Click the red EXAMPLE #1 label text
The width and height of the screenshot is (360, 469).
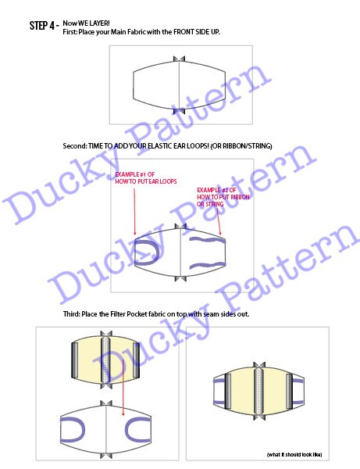point(137,176)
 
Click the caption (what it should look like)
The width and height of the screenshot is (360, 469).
point(294,453)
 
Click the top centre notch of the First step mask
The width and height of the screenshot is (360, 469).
point(180,59)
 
